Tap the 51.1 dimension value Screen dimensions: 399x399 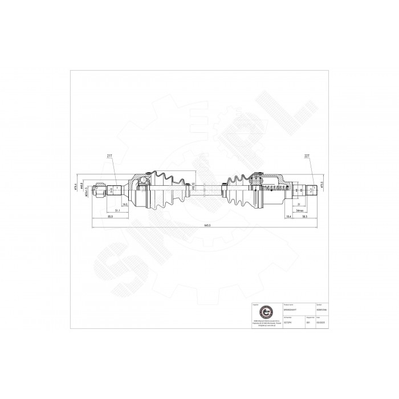(117, 211)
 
